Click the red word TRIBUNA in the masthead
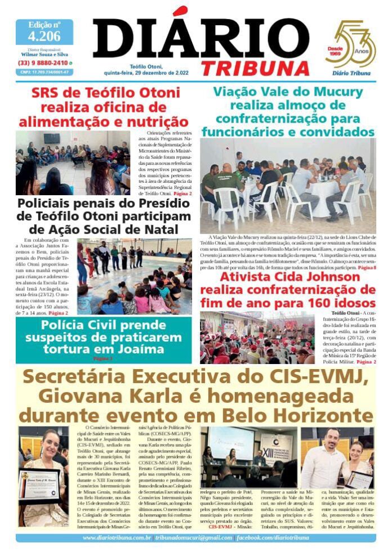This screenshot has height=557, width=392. tap(256, 66)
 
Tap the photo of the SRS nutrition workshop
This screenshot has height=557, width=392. tap(73, 163)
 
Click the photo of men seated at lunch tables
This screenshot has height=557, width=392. tap(287, 186)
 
